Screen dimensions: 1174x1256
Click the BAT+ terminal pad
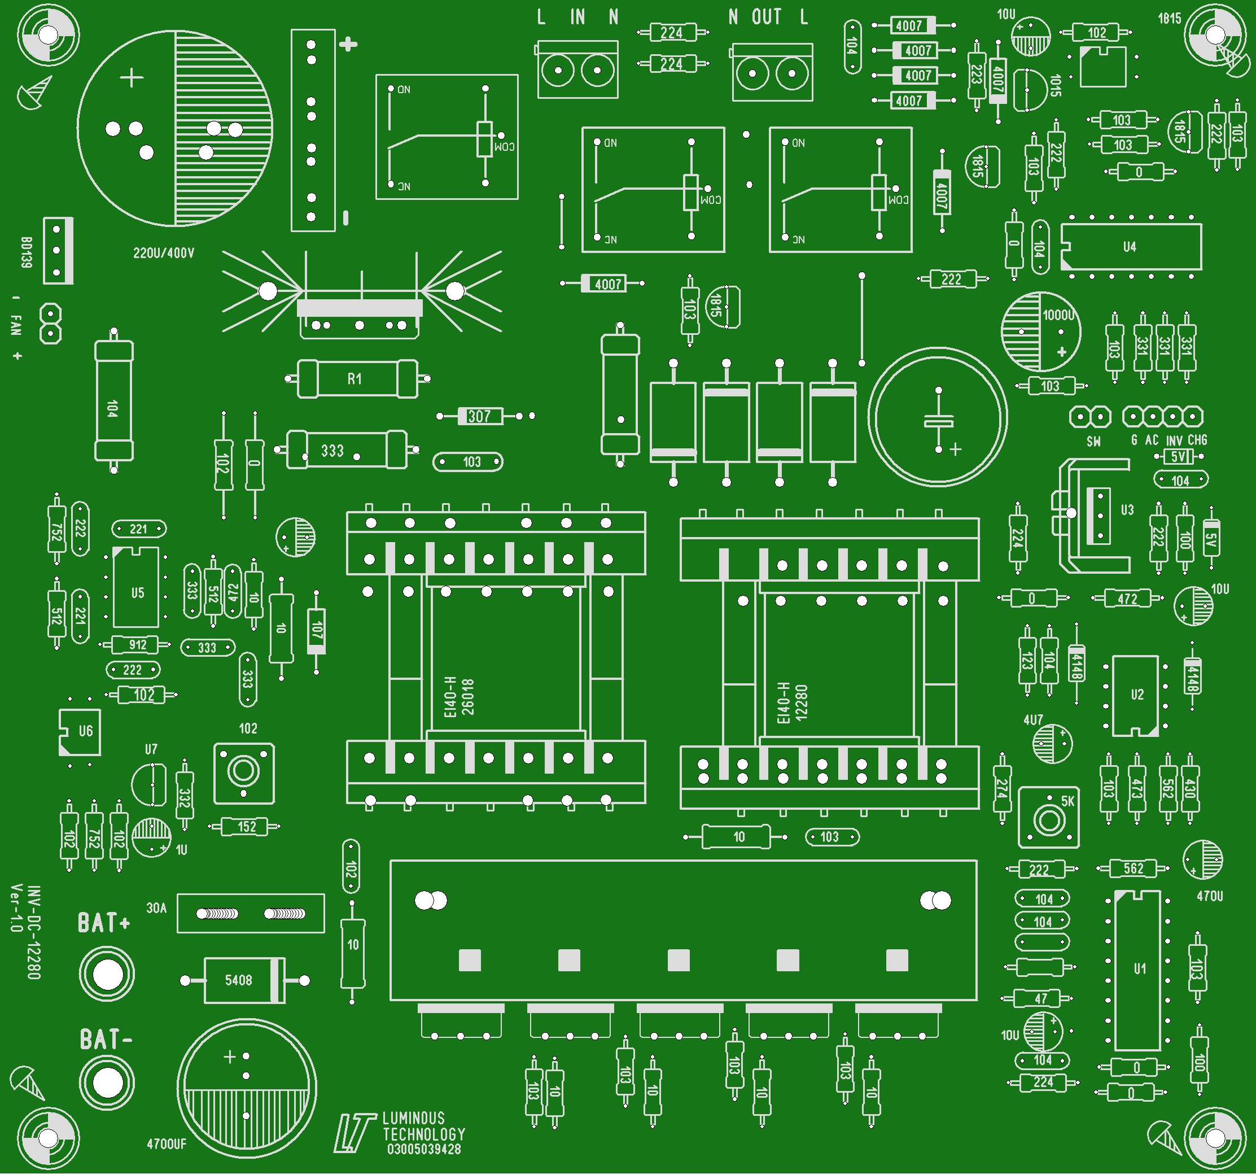[x=107, y=974]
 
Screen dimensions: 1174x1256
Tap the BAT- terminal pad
[x=107, y=1083]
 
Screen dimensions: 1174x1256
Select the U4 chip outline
[x=1131, y=247]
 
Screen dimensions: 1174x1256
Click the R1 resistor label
[x=355, y=379]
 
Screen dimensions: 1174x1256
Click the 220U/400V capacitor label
[x=164, y=254]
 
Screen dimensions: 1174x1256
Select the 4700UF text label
[x=167, y=1144]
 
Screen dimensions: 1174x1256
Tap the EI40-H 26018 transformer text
[x=459, y=697]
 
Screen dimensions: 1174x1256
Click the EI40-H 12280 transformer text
[x=792, y=702]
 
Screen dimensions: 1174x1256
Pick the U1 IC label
[x=1140, y=968]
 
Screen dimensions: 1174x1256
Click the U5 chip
[x=137, y=588]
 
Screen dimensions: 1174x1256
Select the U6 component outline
[x=80, y=732]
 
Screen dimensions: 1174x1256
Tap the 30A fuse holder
[x=251, y=913]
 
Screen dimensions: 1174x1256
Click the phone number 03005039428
[x=424, y=1149]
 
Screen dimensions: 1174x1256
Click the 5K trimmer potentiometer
[x=1049, y=819]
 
